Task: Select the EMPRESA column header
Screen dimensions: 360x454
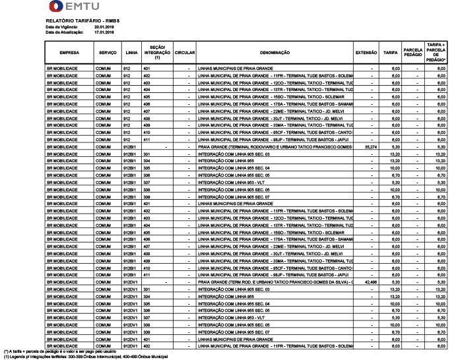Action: [x=69, y=51]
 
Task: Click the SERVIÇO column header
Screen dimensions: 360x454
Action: [x=107, y=51]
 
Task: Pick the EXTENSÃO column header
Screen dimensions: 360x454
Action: [x=366, y=51]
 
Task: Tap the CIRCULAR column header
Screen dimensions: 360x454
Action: [x=185, y=51]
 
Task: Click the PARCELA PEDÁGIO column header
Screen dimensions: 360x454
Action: [x=413, y=51]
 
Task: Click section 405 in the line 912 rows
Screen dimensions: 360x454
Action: [x=147, y=96]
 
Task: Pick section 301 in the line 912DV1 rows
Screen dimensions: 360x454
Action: [x=147, y=289]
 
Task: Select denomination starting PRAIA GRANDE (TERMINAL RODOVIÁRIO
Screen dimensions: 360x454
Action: [x=275, y=147]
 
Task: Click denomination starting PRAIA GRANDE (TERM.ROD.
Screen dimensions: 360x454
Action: [x=275, y=282]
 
